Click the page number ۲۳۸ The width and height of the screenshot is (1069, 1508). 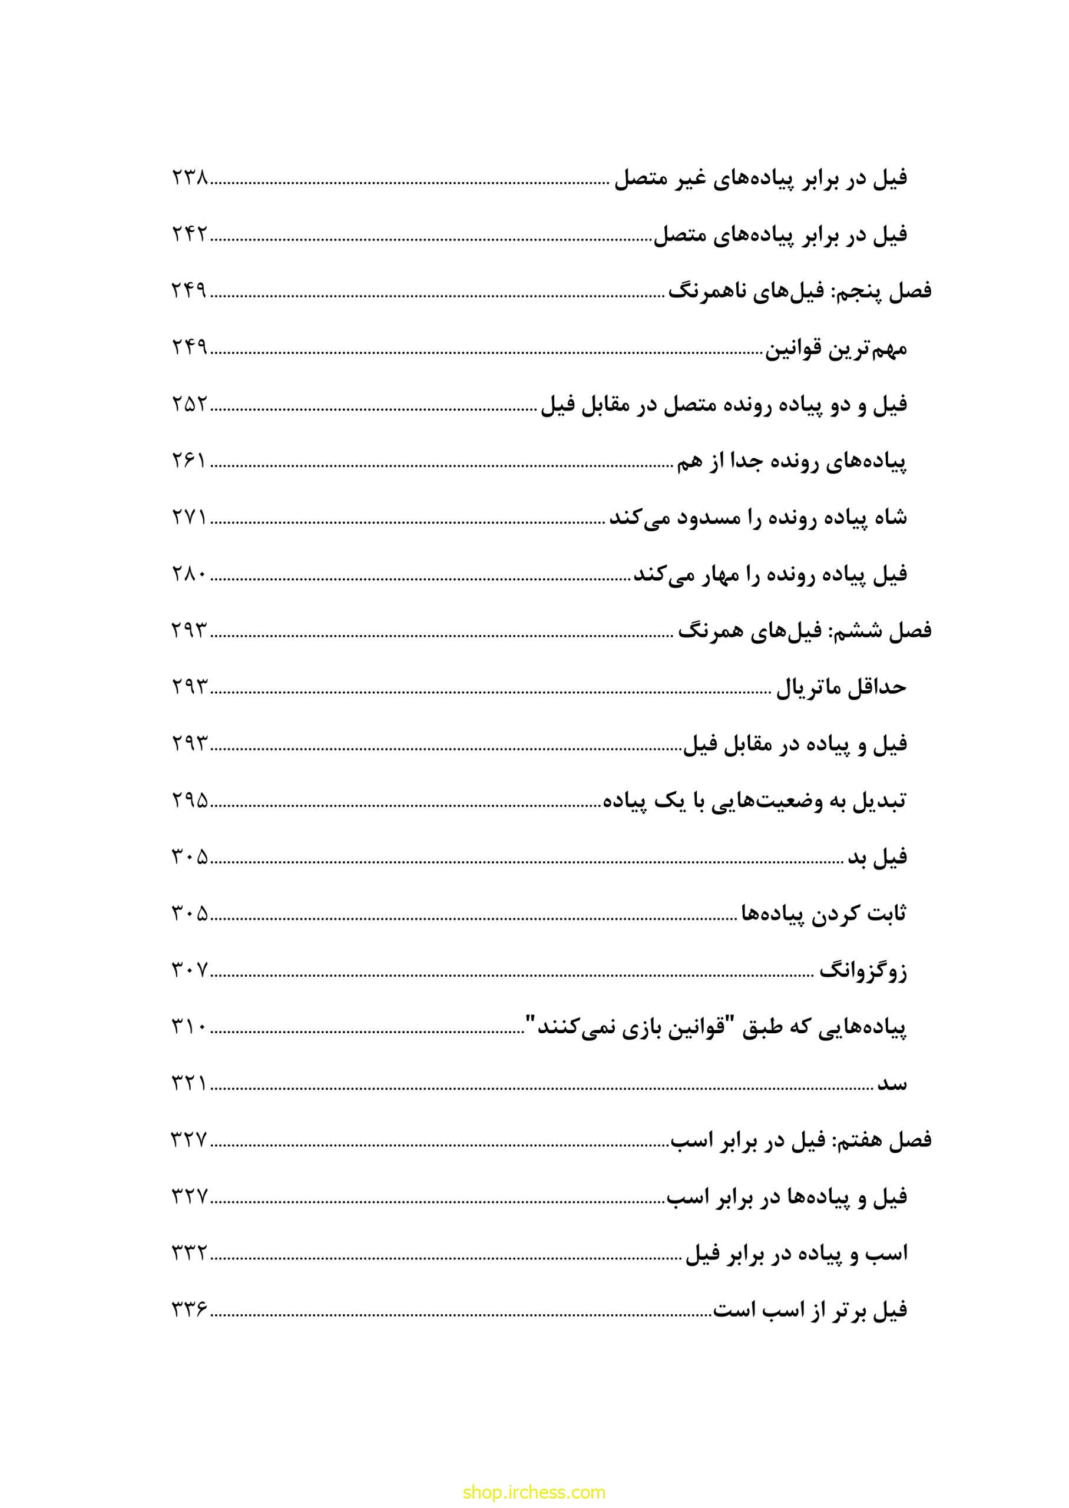[190, 178]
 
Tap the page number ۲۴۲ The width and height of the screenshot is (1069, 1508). [190, 235]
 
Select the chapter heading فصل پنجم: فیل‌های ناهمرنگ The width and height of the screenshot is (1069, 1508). [800, 292]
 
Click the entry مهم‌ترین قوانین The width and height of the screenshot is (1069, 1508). [835, 348]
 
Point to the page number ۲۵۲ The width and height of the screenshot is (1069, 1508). [190, 405]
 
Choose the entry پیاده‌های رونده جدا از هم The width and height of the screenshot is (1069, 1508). [791, 461]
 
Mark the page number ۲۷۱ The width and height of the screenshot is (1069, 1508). [190, 518]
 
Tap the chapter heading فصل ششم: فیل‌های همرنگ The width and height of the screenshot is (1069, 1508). [805, 631]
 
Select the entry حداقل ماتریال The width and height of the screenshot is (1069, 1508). [841, 688]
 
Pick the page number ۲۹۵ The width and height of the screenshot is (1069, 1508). [190, 801]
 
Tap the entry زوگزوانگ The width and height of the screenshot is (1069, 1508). [862, 971]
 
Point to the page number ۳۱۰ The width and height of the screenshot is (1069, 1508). [190, 1027]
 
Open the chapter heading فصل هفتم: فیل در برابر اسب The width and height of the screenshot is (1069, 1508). [800, 1140]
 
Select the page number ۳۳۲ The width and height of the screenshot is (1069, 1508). [190, 1254]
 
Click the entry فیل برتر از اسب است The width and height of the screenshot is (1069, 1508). [810, 1311]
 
